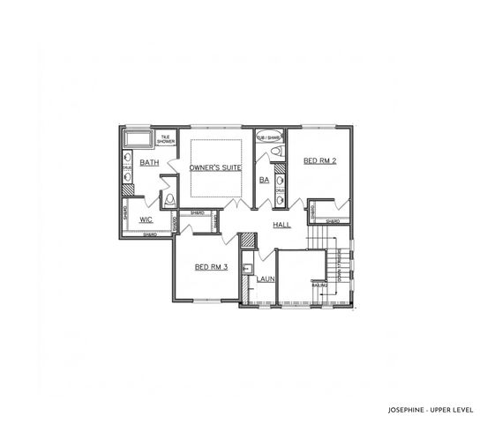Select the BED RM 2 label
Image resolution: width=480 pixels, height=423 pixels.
[x=319, y=160]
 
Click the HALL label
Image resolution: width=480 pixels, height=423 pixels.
[x=281, y=226]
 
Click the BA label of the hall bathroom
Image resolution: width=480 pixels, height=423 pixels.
[x=263, y=180]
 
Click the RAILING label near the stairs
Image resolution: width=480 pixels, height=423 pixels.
[x=319, y=285]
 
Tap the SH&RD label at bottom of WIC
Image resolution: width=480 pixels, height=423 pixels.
[x=151, y=234]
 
